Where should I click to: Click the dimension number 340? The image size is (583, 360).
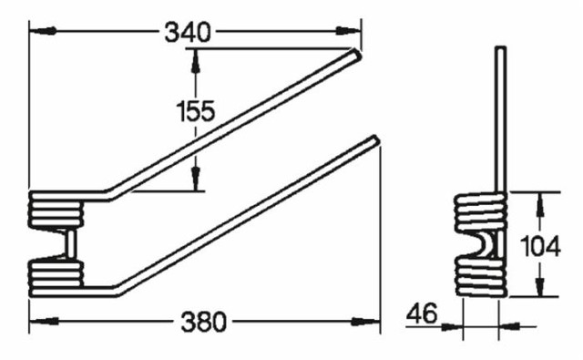click(x=188, y=32)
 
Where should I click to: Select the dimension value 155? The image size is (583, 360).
click(x=195, y=111)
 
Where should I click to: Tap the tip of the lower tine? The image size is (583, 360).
click(x=373, y=140)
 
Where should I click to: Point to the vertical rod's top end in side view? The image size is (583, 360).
click(x=498, y=48)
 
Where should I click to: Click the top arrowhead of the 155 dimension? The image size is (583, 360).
click(x=194, y=57)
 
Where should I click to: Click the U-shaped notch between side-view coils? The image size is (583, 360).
click(x=488, y=243)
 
